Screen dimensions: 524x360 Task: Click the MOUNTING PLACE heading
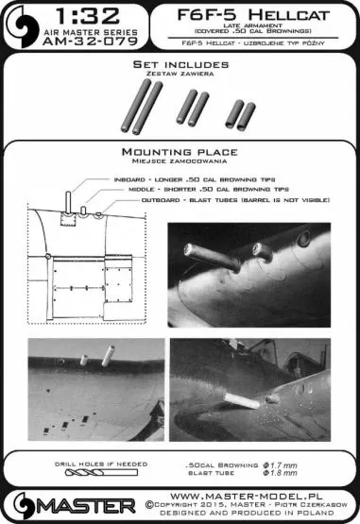click(179, 151)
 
